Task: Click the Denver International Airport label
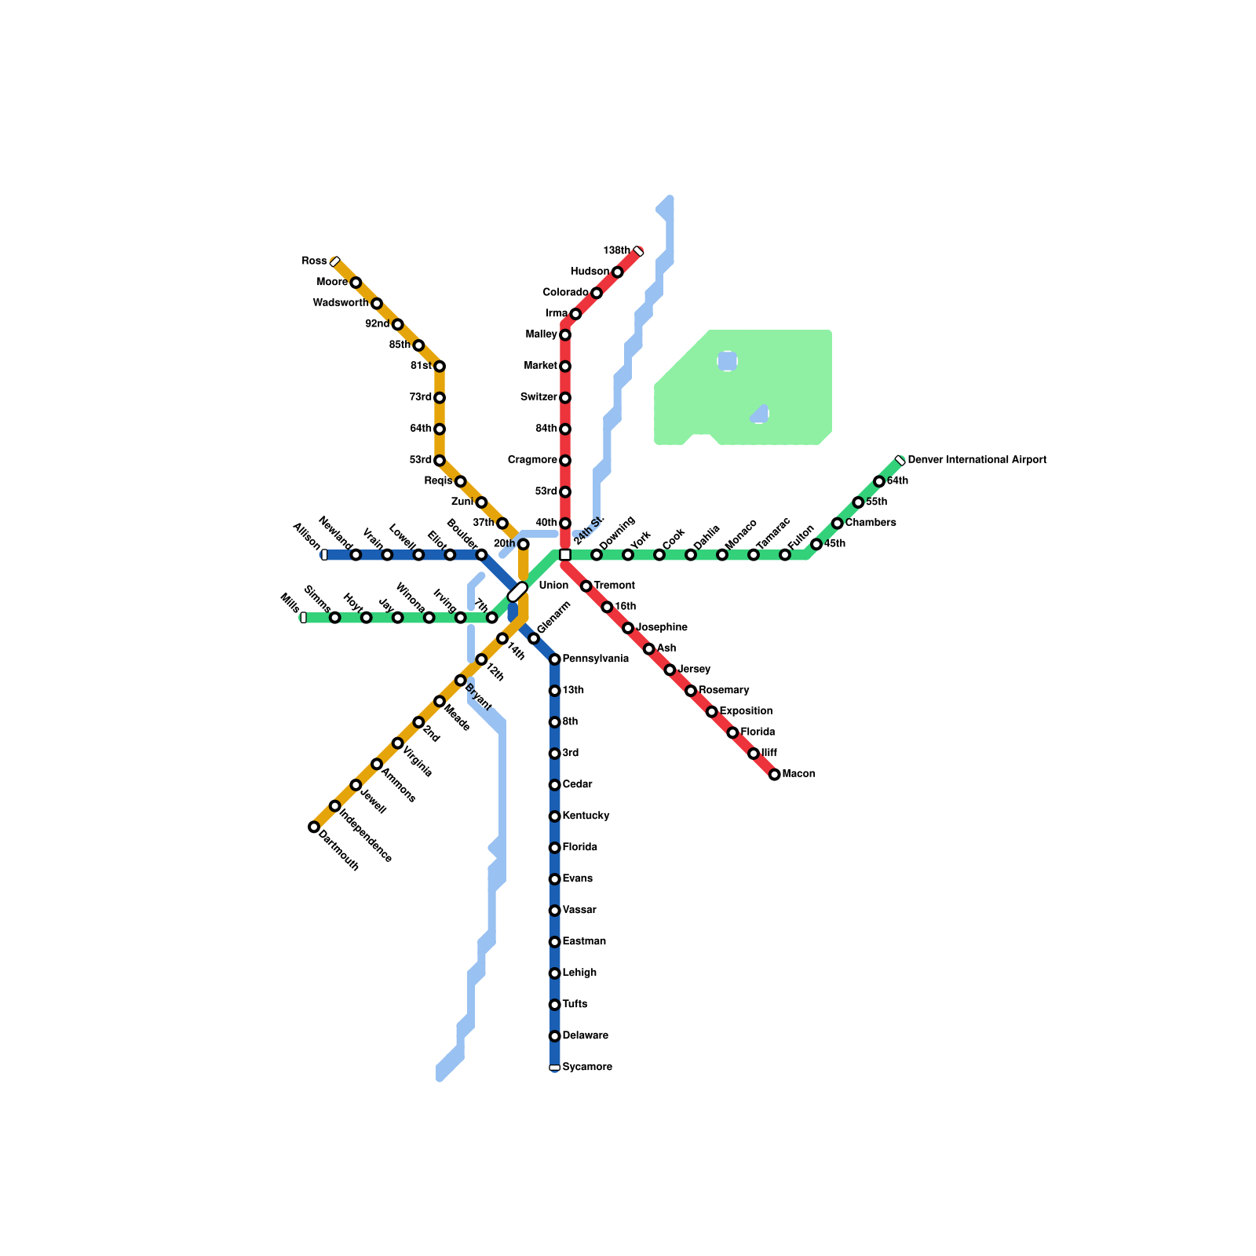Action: (977, 460)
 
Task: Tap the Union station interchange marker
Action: (517, 593)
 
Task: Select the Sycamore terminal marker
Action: (555, 1068)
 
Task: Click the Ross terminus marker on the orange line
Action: (335, 261)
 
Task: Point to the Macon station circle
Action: (775, 775)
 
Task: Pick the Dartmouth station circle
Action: (314, 827)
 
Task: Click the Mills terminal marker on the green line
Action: (304, 618)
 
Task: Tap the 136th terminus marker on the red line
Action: (638, 251)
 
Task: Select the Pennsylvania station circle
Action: (555, 659)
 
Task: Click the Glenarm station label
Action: (553, 618)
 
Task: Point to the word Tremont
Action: (614, 586)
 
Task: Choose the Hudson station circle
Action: (618, 272)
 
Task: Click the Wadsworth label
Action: (340, 303)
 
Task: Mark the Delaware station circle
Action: (555, 1036)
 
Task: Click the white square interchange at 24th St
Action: (565, 555)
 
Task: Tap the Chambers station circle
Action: (838, 524)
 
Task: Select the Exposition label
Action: (746, 711)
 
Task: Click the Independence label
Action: (366, 834)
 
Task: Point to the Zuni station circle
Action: (481, 502)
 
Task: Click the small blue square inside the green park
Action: (728, 361)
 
